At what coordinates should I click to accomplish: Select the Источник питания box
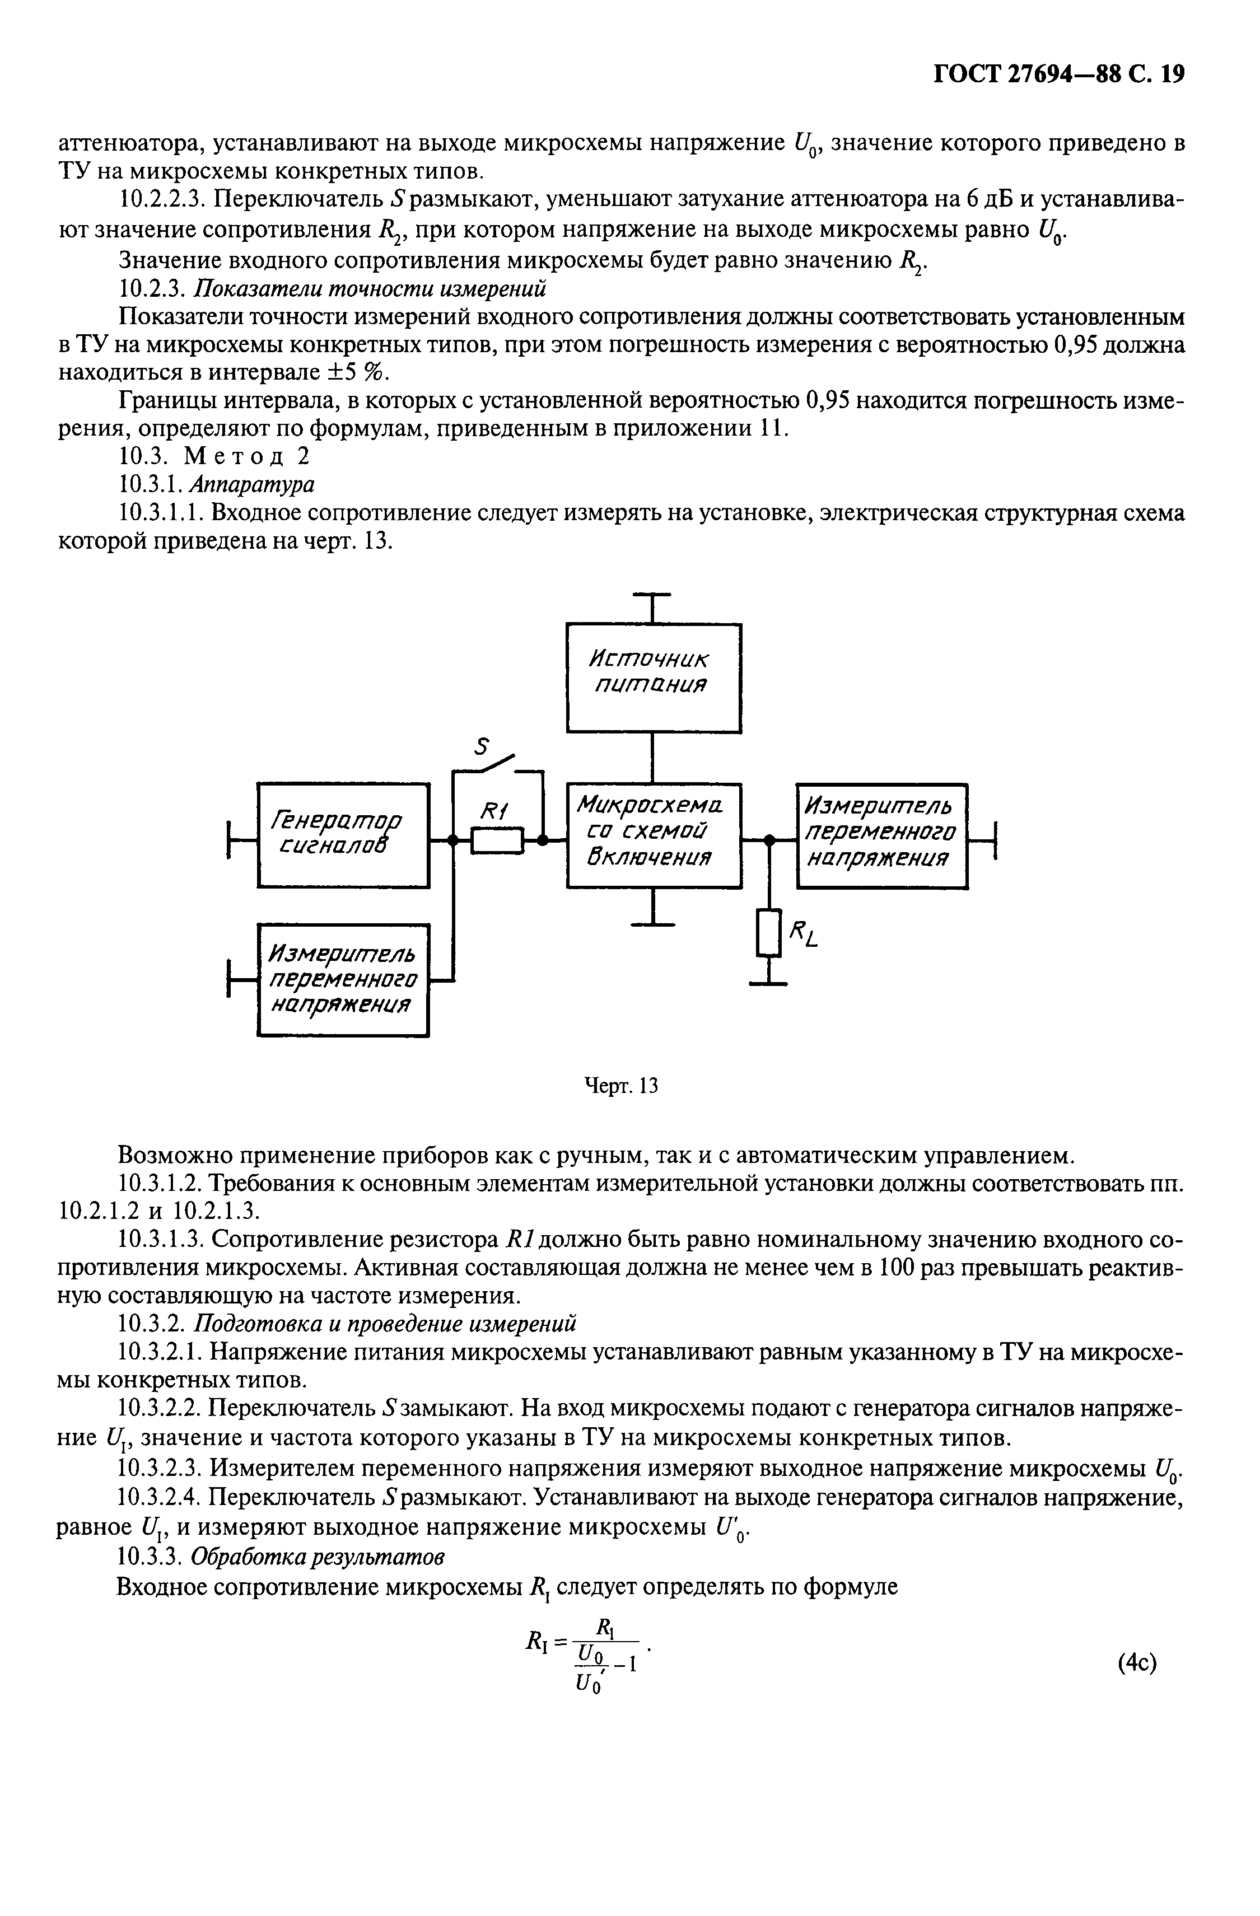tap(653, 678)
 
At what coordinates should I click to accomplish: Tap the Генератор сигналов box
tap(343, 835)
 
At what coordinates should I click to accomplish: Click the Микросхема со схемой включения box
tap(653, 835)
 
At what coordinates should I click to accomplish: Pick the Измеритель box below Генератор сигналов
tap(343, 980)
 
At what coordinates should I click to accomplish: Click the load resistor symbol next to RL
tap(769, 932)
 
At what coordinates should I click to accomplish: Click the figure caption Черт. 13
tap(620, 1087)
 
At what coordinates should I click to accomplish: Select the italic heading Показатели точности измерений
tap(371, 288)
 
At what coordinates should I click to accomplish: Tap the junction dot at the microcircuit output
tap(769, 840)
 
